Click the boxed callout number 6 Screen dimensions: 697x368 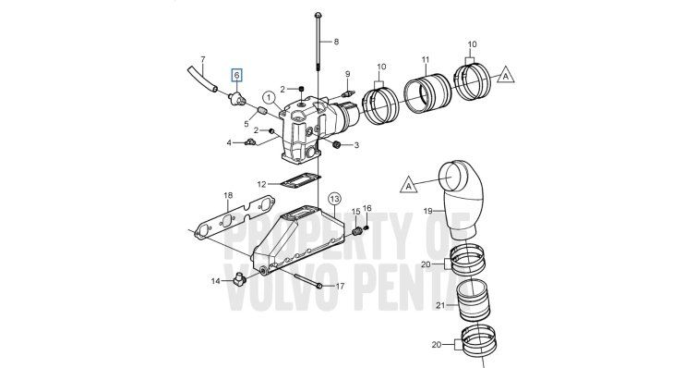point(237,76)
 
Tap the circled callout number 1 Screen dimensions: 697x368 point(269,97)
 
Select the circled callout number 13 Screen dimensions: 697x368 point(334,199)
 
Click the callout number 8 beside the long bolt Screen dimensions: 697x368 point(336,42)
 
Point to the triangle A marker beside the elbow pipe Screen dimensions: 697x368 point(409,185)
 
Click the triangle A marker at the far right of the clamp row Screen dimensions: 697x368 point(505,76)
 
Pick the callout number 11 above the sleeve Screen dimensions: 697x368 point(426,59)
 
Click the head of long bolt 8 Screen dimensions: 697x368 point(318,16)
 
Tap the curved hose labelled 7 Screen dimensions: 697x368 point(201,78)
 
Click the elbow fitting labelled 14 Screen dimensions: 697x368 point(239,279)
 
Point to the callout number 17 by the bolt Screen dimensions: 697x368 point(340,287)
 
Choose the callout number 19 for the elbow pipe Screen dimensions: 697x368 point(427,211)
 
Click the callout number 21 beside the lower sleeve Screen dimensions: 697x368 point(440,305)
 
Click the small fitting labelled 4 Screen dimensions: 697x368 point(249,142)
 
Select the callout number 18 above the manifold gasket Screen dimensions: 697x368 point(228,195)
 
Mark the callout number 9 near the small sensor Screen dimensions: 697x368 point(348,73)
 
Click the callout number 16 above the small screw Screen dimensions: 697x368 point(367,208)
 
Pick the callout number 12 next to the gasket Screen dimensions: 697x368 point(262,184)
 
